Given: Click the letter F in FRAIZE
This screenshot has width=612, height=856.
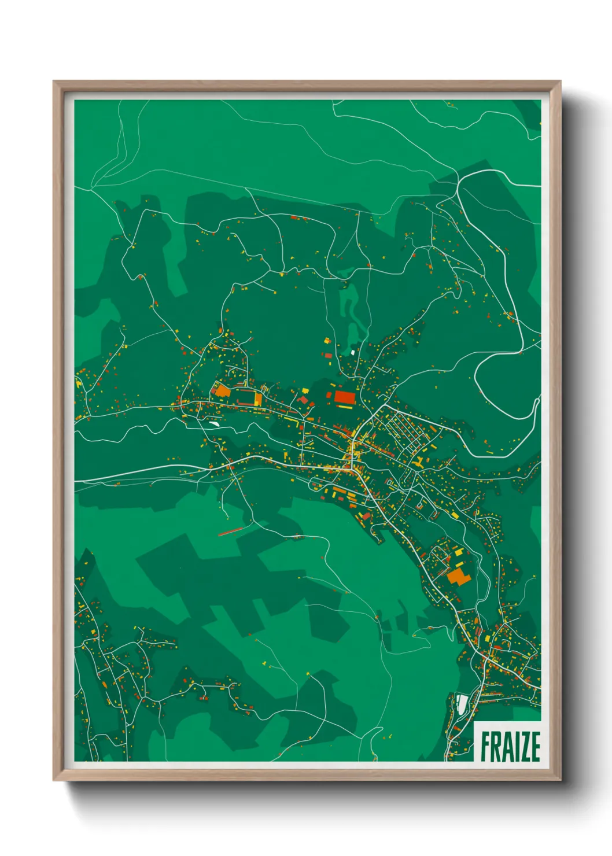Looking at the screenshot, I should (x=485, y=747).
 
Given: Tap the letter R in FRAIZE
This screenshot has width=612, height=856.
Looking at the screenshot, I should (x=496, y=747).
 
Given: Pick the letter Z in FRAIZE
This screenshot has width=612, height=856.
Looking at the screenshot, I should (x=526, y=747).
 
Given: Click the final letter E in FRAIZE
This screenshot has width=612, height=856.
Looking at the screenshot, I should (x=536, y=747).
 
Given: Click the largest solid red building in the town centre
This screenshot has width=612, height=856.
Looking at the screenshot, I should (x=344, y=396).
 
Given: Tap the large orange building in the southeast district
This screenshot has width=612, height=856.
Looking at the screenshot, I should (x=458, y=576).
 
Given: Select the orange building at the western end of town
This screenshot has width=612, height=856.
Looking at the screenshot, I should (x=222, y=390).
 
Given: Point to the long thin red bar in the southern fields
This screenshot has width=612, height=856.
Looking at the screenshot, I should (x=230, y=531).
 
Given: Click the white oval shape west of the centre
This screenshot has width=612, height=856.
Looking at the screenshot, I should (x=213, y=424).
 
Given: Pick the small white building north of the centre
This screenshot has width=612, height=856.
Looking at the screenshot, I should (x=352, y=352).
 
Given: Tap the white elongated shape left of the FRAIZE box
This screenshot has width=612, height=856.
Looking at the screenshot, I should (x=462, y=703).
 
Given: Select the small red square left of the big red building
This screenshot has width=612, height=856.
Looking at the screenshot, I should (x=329, y=395).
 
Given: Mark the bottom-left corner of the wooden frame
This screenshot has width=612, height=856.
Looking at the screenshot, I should (x=54, y=779).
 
